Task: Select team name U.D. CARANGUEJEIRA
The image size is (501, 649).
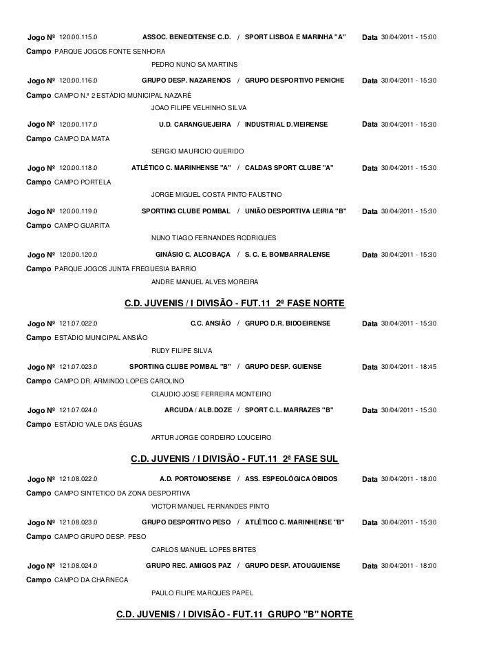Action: coord(195,124)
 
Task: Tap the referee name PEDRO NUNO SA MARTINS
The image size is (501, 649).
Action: coord(194,64)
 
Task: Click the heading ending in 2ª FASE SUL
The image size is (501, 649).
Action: coord(234,459)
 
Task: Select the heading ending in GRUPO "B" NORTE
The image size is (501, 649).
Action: coord(234,613)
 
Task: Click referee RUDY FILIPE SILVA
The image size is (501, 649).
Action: coord(182,350)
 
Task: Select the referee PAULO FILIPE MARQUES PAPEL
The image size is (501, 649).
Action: coord(202,592)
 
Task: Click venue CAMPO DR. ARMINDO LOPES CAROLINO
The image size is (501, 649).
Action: coord(118,381)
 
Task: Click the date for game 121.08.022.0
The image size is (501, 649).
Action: coord(409,479)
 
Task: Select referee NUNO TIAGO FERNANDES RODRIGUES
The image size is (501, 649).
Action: coord(213,237)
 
